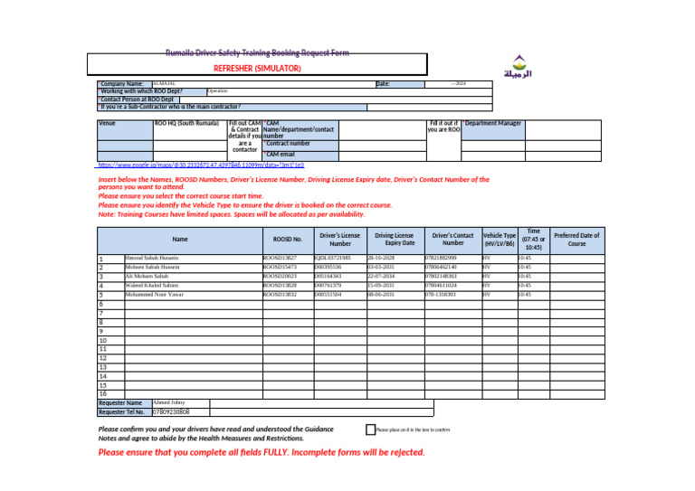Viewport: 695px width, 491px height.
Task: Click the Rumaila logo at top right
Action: [x=517, y=69]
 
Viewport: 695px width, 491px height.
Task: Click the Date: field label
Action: [x=383, y=84]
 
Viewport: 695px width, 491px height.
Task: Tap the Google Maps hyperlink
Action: [x=200, y=165]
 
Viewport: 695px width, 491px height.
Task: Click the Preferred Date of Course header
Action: [x=576, y=240]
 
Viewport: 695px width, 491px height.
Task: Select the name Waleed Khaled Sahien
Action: [x=158, y=286]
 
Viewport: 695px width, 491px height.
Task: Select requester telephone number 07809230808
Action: [x=171, y=412]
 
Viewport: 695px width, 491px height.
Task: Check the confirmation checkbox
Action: [x=370, y=430]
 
